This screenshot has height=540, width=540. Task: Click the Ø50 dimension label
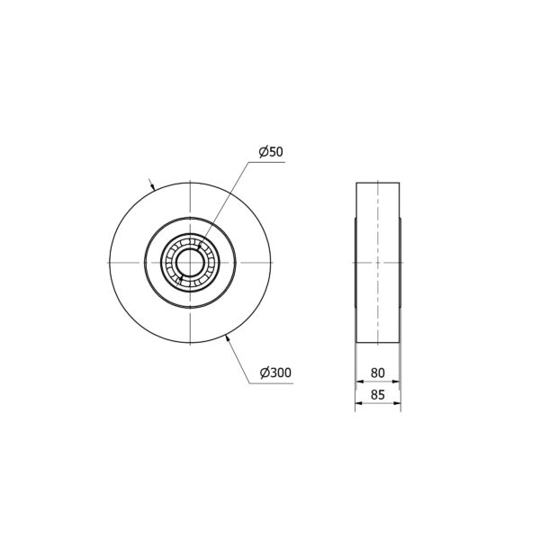(271, 151)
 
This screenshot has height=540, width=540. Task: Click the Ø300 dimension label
(275, 373)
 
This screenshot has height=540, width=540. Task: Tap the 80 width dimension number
(377, 373)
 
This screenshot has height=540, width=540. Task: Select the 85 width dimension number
(377, 395)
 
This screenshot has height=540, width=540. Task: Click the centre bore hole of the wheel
(190, 263)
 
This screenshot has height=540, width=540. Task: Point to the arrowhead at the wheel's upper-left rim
(152, 187)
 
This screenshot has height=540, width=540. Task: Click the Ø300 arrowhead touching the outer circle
(228, 337)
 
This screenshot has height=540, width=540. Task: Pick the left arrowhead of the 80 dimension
(360, 382)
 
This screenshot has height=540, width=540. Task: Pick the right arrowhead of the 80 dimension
(396, 382)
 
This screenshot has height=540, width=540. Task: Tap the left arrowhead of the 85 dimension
(359, 403)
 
